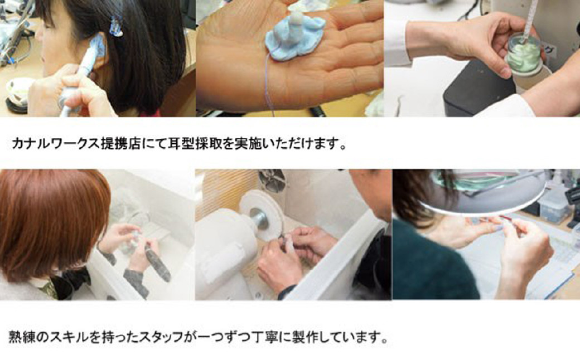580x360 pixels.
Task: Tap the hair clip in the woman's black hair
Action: click(116, 26)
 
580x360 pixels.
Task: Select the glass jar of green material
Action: click(524, 53)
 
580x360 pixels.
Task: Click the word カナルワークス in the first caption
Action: click(56, 143)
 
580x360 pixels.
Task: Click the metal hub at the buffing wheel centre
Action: click(259, 218)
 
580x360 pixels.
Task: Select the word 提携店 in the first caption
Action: click(122, 143)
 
